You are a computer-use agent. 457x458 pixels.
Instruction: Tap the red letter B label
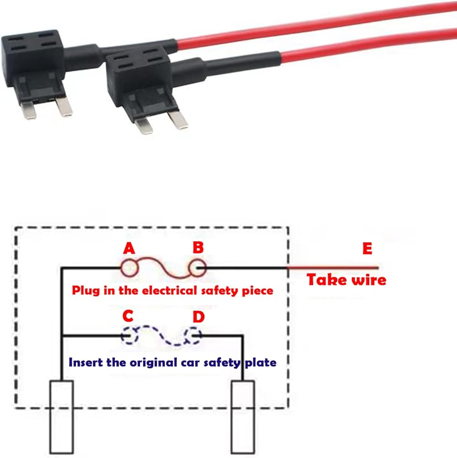click(x=198, y=248)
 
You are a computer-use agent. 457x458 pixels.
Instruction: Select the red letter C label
click(x=128, y=316)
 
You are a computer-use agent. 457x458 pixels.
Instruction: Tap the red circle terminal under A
click(x=128, y=267)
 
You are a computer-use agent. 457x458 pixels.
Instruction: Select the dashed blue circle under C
click(x=129, y=336)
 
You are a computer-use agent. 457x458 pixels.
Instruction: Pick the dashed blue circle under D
click(x=193, y=336)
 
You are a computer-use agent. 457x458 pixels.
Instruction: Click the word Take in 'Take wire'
click(x=326, y=279)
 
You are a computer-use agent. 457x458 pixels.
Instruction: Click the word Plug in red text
click(x=84, y=290)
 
